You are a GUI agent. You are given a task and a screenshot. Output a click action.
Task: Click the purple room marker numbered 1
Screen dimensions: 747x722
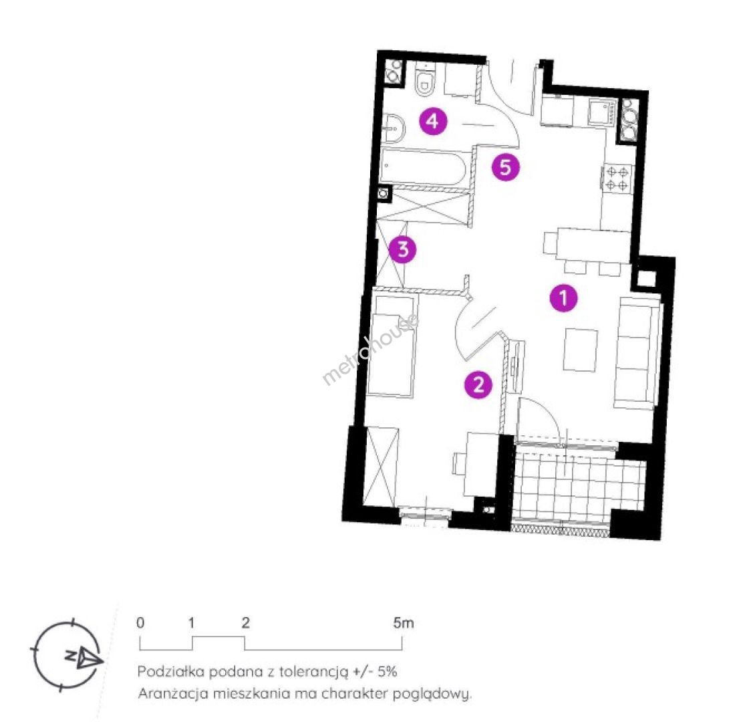(563, 298)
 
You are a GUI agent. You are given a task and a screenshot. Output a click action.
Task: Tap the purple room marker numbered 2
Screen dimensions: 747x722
(478, 384)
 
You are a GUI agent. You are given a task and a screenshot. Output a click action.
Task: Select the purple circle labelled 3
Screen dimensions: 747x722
(402, 249)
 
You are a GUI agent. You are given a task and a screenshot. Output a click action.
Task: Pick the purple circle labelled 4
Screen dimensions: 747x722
(433, 121)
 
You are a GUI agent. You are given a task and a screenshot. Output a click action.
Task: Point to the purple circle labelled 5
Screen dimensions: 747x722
(506, 167)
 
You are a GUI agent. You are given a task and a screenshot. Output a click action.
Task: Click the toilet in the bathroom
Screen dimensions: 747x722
(425, 80)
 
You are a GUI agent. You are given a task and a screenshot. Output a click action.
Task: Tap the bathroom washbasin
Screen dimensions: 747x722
(394, 128)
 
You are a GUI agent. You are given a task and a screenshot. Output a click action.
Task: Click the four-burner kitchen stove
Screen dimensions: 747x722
(617, 178)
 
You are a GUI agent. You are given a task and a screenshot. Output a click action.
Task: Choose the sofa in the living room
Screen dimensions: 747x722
(637, 353)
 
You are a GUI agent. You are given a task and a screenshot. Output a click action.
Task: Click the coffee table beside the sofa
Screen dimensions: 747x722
(581, 350)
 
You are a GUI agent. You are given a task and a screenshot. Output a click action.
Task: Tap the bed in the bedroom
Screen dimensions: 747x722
(391, 346)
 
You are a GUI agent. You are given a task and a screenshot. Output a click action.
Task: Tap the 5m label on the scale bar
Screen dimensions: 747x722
(403, 623)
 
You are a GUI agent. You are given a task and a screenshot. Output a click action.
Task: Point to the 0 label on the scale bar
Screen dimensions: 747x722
(140, 623)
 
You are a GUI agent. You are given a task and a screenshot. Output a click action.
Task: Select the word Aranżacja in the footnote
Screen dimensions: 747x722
(173, 694)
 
